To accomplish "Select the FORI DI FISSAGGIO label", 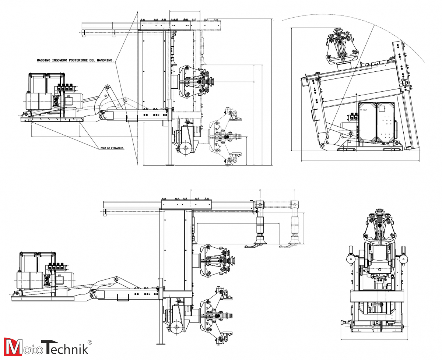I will (112, 148).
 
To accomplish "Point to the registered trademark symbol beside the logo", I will (90, 342).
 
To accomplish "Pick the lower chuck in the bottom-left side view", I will (217, 316).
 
